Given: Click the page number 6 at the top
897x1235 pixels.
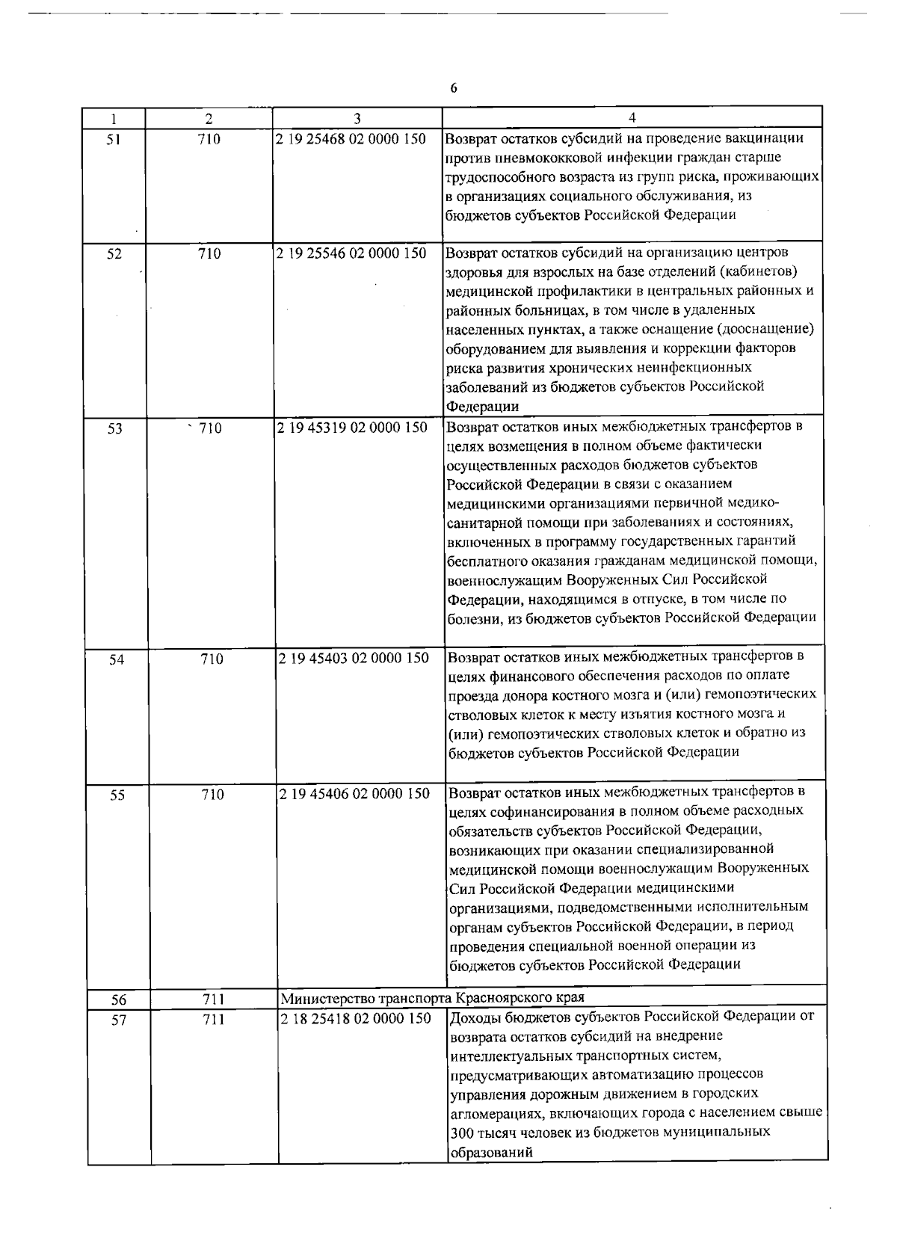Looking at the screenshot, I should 453,88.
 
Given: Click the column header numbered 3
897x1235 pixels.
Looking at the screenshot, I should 357,118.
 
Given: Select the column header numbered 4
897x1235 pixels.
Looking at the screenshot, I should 632,118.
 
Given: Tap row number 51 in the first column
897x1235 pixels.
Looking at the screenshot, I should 114,138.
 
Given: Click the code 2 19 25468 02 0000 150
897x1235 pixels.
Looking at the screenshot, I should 351,138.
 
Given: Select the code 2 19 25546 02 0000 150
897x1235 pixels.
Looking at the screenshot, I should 351,253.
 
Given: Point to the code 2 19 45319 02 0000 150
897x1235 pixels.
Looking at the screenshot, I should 352,428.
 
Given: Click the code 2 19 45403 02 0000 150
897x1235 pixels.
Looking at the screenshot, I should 354,658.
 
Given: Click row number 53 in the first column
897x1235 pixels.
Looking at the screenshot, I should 114,429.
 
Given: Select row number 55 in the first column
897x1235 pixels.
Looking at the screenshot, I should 117,795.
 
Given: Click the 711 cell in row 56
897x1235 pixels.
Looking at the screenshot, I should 214,1000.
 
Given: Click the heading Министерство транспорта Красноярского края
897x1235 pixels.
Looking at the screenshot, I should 432,998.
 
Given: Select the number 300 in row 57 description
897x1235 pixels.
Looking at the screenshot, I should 462,1133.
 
